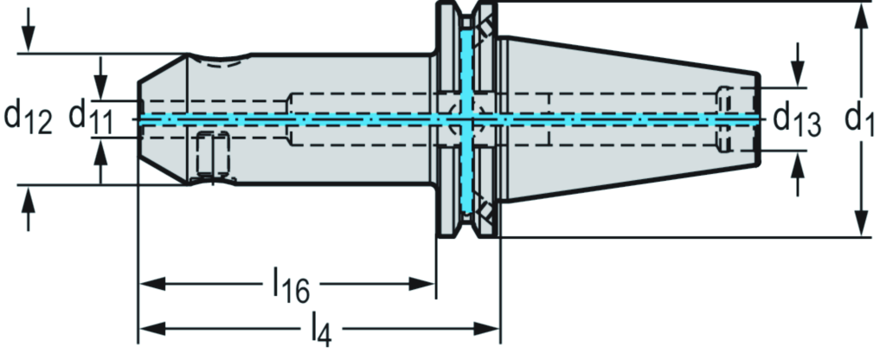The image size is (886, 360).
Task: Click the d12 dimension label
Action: (x=28, y=118)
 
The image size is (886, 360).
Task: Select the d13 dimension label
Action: (x=797, y=121)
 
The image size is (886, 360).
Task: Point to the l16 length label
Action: (x=292, y=286)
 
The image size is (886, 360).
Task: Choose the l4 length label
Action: (x=321, y=330)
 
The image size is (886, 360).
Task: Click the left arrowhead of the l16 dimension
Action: (x=152, y=283)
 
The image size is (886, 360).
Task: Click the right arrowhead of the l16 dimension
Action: (x=421, y=283)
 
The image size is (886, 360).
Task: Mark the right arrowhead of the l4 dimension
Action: (x=486, y=328)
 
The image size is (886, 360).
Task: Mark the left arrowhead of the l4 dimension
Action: (x=152, y=328)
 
